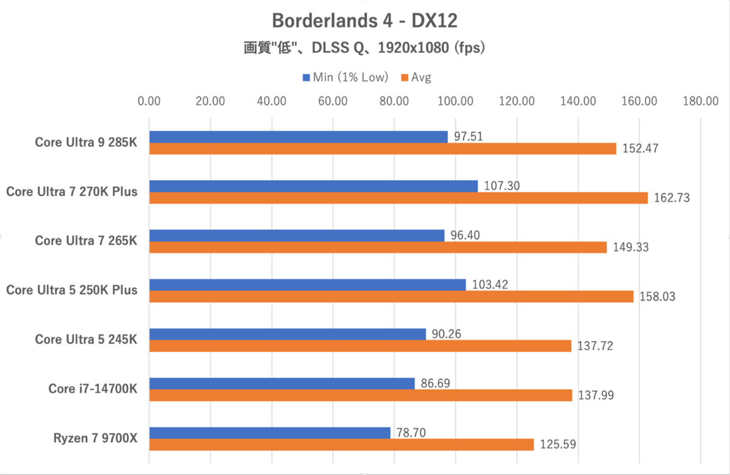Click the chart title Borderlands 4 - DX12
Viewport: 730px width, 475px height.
[364, 21]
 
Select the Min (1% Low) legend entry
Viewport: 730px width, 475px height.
[345, 77]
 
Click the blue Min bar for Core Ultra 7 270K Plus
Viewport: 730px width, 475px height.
[313, 186]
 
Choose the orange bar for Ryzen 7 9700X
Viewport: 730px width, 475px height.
[341, 445]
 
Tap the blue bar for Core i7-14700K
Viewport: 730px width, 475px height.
[282, 383]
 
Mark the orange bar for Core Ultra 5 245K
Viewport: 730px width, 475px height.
[360, 346]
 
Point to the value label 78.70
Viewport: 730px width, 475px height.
[412, 432]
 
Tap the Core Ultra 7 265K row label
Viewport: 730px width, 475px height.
[86, 241]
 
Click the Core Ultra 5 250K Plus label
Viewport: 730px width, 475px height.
[72, 290]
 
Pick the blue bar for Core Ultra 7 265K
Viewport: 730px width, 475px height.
[297, 235]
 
